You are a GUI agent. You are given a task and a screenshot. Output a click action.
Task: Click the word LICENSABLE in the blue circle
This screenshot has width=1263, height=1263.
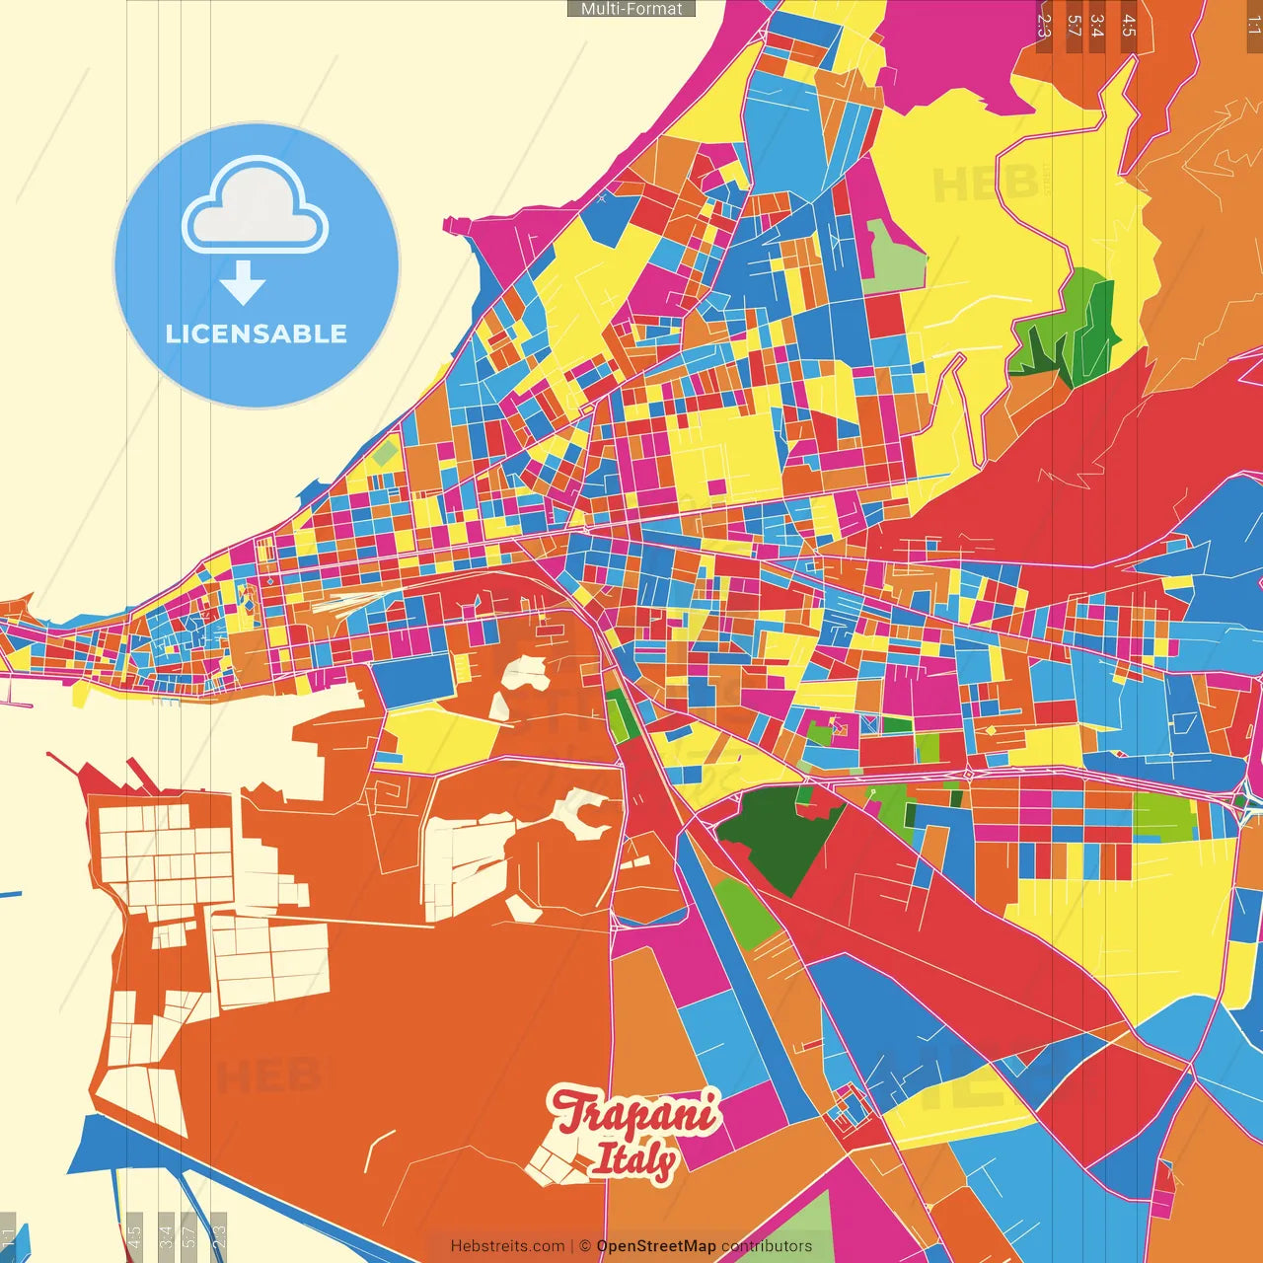[x=256, y=334]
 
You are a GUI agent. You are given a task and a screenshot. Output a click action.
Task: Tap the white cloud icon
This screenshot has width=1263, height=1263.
[x=256, y=209]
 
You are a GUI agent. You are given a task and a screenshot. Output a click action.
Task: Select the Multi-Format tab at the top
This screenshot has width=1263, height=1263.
[x=631, y=8]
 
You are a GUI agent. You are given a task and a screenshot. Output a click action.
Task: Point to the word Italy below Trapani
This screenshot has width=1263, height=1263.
[x=634, y=1160]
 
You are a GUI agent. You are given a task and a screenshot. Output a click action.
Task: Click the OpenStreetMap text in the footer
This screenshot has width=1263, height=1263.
[x=655, y=1246]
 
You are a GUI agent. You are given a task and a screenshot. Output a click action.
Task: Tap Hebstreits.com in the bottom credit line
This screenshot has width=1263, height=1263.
[x=507, y=1246]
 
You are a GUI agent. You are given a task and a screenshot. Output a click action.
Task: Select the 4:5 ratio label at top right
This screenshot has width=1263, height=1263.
[x=1129, y=26]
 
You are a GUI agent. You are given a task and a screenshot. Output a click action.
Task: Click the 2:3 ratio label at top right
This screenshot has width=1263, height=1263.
[x=1044, y=26]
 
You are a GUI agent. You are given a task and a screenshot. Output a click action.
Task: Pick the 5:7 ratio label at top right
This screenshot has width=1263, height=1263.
[x=1074, y=26]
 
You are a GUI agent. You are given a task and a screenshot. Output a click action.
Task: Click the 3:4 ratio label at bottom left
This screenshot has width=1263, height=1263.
[x=166, y=1235]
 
